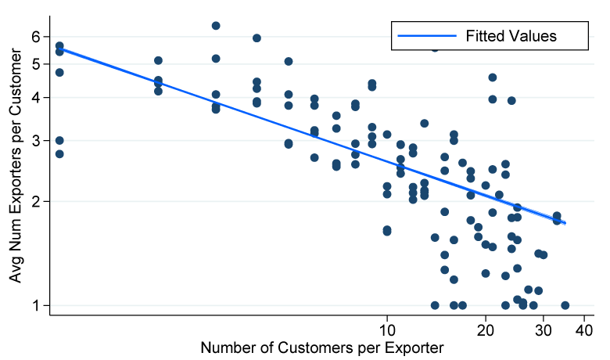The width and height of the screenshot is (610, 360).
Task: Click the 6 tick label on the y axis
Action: click(36, 36)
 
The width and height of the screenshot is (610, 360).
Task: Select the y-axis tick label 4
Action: click(36, 98)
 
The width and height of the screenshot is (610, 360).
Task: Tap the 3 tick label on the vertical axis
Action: click(36, 141)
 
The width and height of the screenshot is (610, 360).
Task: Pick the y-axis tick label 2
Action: click(36, 201)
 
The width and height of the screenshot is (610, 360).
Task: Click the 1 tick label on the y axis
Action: click(36, 305)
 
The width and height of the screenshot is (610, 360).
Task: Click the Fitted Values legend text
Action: click(511, 35)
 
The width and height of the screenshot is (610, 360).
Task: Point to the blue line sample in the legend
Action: click(427, 35)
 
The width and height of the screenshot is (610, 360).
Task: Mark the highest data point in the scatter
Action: click(216, 26)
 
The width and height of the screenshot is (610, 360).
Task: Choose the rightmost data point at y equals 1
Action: click(565, 305)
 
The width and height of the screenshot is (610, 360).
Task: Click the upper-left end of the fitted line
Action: click(59, 49)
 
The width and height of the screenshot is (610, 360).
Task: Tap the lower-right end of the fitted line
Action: click(565, 224)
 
